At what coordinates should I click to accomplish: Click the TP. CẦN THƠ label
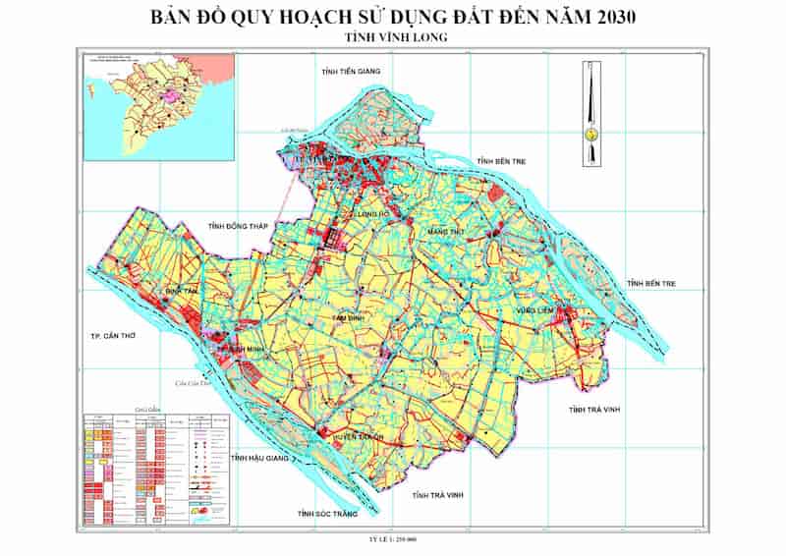106,337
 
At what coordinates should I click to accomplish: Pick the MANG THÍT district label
445,232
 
